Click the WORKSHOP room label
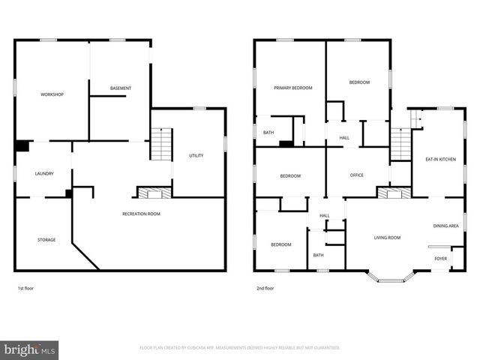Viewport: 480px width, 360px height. [52, 94]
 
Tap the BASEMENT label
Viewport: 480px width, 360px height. [121, 88]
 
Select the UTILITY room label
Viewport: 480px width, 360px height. [196, 155]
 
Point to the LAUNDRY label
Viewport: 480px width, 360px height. [44, 174]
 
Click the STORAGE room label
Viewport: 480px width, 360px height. [46, 240]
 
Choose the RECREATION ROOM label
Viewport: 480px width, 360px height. [142, 214]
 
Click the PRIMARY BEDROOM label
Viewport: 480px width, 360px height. [292, 88]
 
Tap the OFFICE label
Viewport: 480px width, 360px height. [357, 175]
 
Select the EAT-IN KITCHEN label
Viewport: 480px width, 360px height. [440, 159]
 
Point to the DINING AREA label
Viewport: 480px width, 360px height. [446, 226]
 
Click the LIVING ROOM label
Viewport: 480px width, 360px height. [388, 238]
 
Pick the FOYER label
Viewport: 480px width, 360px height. [441, 259]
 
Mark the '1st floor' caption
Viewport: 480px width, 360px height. [25, 288]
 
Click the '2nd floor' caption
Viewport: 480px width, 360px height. [265, 288]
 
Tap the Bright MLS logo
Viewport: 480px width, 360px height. [30, 349]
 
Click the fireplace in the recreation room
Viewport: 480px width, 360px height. [154, 193]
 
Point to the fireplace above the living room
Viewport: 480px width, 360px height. [393, 193]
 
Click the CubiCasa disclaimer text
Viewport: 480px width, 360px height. [240, 348]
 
